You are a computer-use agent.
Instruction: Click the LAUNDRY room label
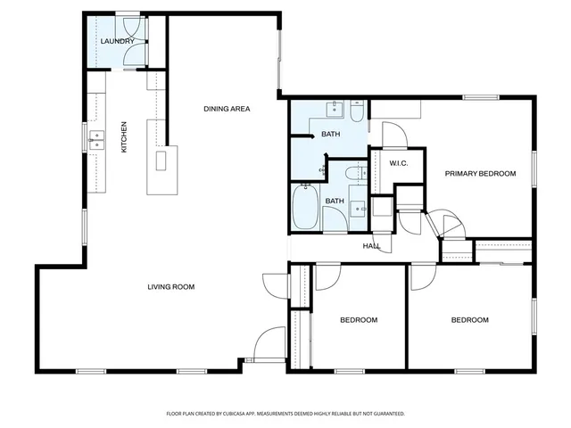118,41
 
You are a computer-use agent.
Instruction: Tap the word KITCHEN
124,136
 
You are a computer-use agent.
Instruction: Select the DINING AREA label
227,109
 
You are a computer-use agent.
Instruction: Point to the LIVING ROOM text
171,287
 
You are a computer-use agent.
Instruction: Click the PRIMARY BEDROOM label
480,174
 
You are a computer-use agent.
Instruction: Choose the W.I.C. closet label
399,162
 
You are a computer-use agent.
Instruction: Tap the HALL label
371,246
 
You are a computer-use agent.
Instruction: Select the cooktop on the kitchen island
162,161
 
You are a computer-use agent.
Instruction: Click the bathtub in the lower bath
305,207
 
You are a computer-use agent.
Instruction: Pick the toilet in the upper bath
356,112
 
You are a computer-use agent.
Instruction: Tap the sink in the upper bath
335,110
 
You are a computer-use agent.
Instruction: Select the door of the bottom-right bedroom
419,278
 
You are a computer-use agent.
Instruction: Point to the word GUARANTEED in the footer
385,414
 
